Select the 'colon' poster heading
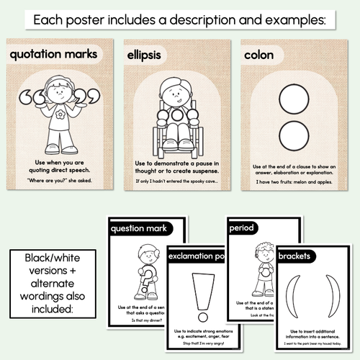(x=258, y=55)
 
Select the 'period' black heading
(x=242, y=228)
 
